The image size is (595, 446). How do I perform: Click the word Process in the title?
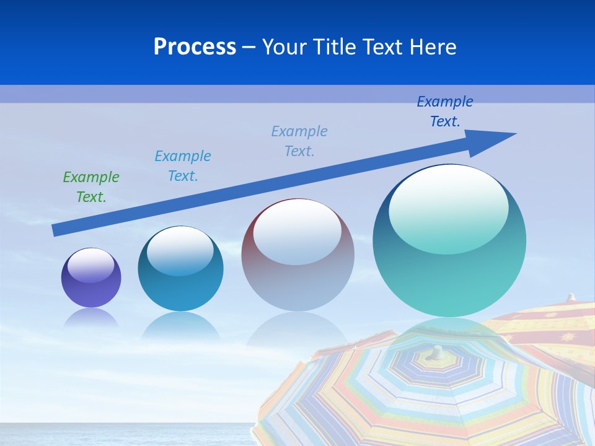coord(195,47)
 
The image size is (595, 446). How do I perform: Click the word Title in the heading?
coord(333,47)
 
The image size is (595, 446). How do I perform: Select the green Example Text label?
coord(91,187)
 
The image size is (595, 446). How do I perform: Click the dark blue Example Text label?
coord(445,111)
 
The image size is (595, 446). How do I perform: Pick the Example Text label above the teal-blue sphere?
coord(183,166)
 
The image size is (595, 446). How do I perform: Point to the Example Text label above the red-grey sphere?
coord(299,141)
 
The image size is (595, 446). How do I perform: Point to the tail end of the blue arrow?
coord(57,230)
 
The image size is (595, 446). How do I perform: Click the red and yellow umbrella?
coord(545,328)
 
